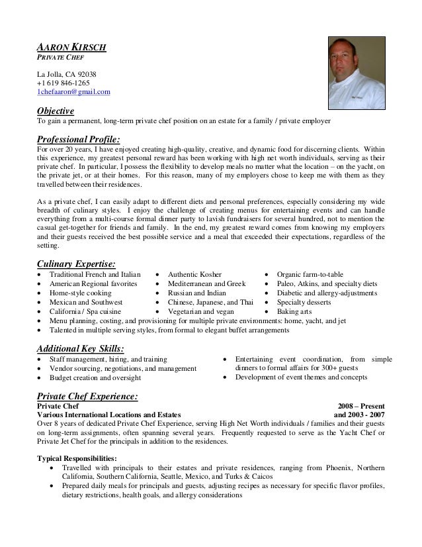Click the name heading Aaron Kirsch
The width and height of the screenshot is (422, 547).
pyautogui.click(x=71, y=48)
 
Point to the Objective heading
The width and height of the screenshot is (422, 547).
pyautogui.click(x=56, y=111)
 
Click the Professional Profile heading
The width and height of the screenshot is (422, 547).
pyautogui.click(x=79, y=139)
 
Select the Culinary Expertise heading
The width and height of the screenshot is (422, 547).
pyautogui.click(x=76, y=263)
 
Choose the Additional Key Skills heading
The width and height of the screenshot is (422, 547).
pyautogui.click(x=81, y=348)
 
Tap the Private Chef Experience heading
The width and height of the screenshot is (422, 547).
pyautogui.click(x=87, y=395)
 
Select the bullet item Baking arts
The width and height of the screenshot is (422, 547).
pyautogui.click(x=295, y=311)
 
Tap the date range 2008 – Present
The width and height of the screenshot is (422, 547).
pyautogui.click(x=362, y=406)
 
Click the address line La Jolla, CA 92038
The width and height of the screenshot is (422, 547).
pyautogui.click(x=67, y=74)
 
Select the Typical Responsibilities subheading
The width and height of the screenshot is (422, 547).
pyautogui.click(x=77, y=458)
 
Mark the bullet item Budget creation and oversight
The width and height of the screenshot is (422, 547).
pyautogui.click(x=95, y=377)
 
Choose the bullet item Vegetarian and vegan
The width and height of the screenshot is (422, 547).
pyautogui.click(x=200, y=311)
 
